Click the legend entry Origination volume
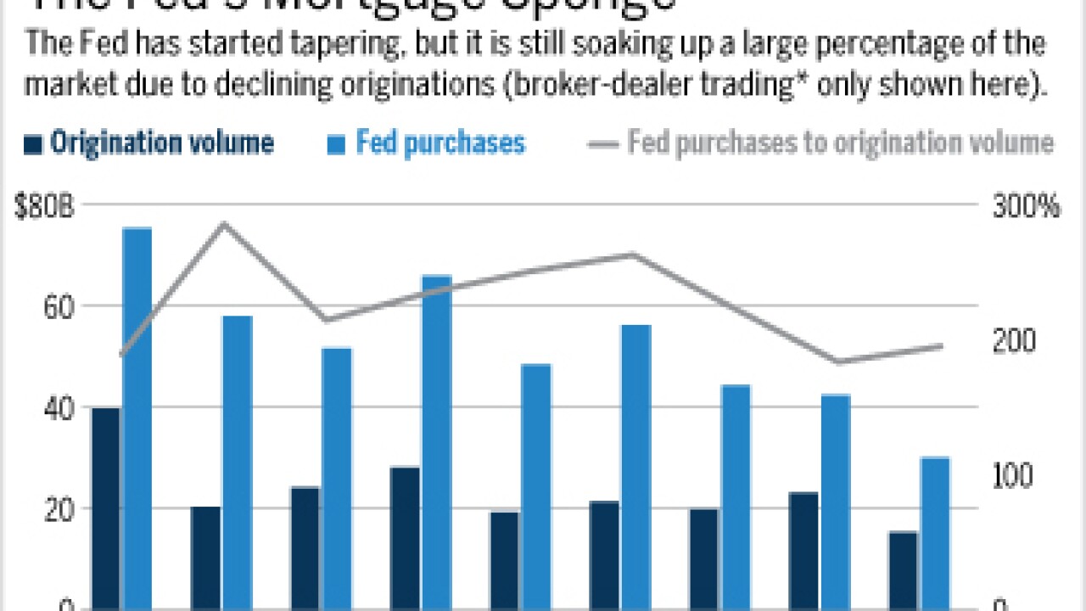161,143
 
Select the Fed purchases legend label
440,143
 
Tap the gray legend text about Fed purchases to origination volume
840,143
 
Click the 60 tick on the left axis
53,305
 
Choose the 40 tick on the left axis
53,407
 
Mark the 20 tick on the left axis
53,508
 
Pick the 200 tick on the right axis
1013,341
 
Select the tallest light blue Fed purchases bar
137,416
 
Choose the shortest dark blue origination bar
904,569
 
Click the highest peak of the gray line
224,223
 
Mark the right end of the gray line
942,345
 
